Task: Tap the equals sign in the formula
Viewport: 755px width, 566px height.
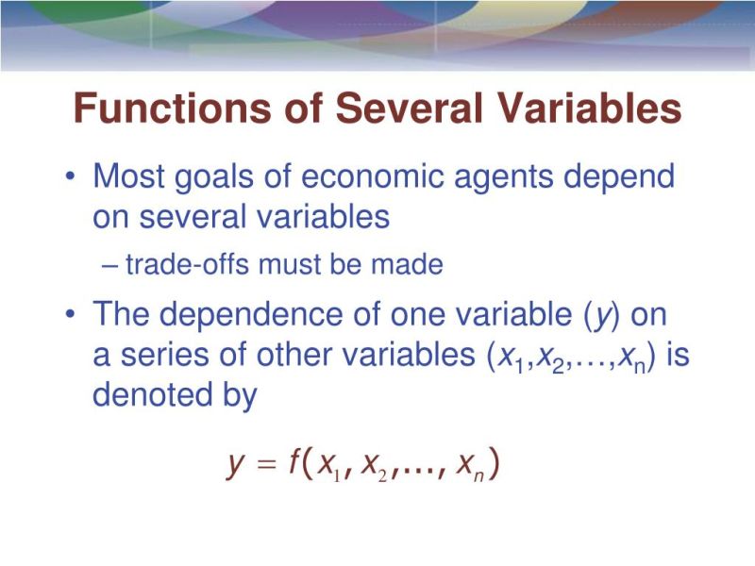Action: (x=267, y=465)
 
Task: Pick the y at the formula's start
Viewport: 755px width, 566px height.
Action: (x=236, y=466)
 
